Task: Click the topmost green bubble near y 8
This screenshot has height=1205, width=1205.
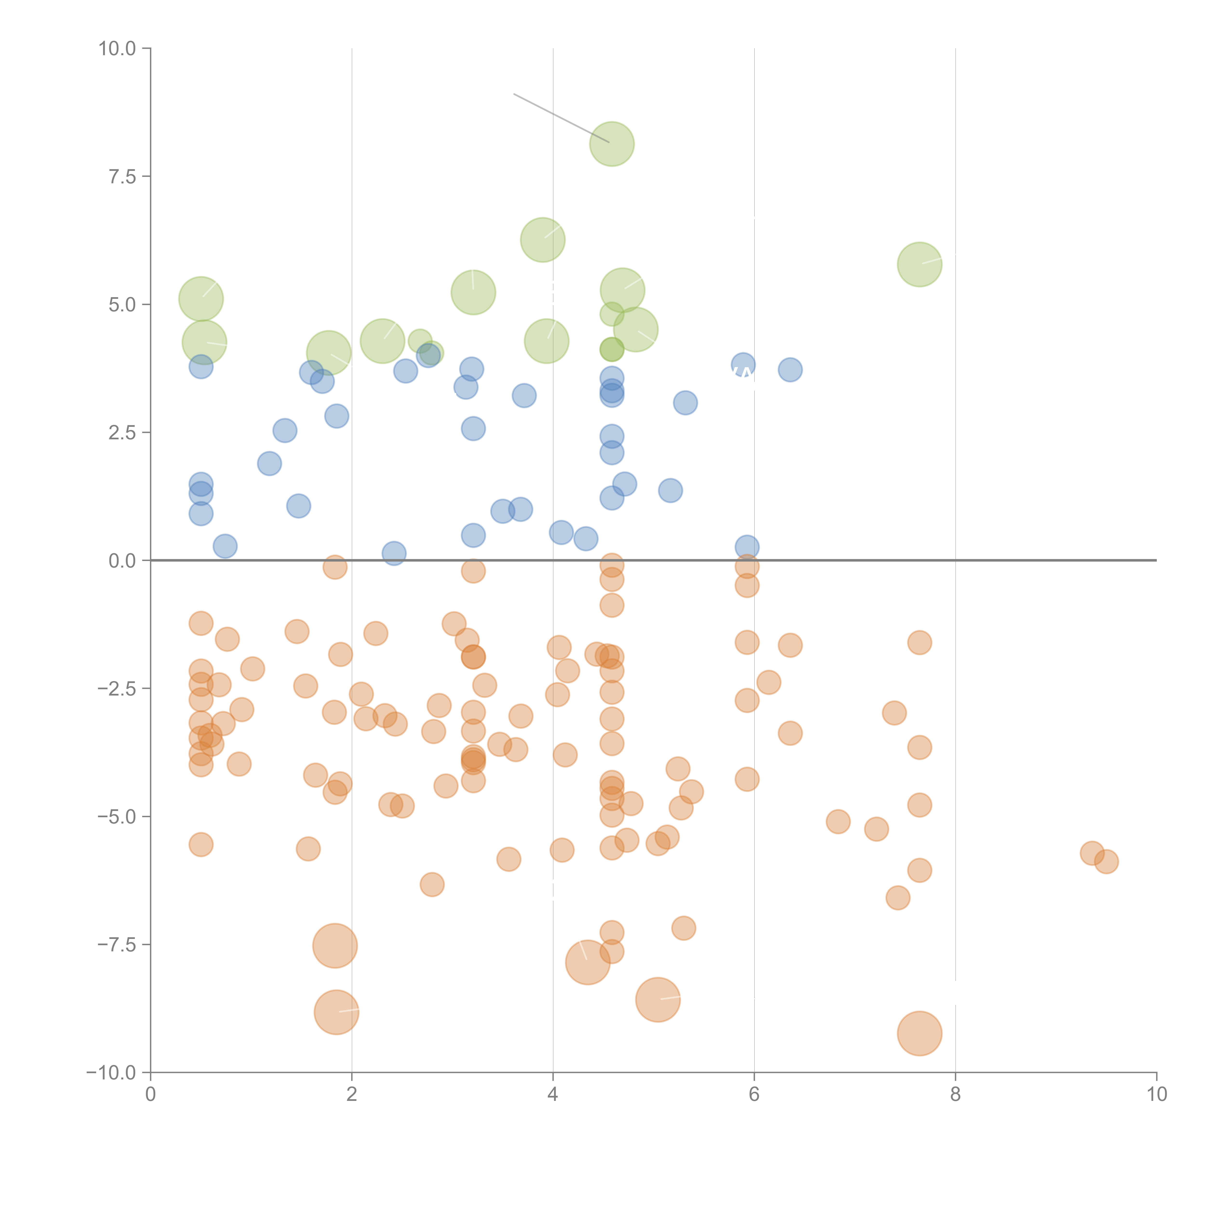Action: point(611,144)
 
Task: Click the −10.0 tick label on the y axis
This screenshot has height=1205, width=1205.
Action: point(111,1073)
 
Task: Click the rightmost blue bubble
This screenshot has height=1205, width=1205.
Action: point(790,370)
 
